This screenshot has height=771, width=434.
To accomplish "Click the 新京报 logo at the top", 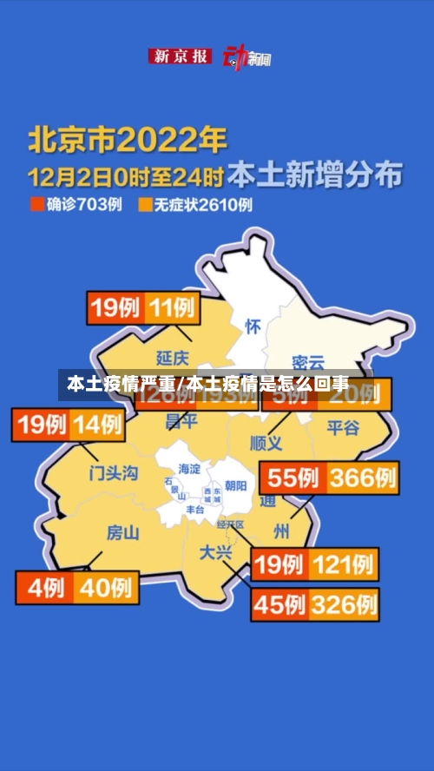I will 181,56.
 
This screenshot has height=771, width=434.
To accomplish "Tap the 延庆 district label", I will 172,357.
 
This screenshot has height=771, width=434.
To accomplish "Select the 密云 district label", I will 307,362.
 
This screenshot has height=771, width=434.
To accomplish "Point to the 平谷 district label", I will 342,426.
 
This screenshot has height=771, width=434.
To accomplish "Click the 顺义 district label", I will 266,443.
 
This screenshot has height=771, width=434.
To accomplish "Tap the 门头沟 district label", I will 114,473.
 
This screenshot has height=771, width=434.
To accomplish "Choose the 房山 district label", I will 122,532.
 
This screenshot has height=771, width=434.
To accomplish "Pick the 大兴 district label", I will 217,551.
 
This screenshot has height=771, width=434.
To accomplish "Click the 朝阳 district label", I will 235,485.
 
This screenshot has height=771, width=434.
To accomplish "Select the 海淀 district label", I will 188,469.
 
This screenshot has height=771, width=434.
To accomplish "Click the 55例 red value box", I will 294,478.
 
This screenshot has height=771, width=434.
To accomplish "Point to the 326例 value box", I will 344,603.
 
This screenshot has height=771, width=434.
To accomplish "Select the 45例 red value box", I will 279,603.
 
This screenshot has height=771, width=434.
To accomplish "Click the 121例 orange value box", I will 344,564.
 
